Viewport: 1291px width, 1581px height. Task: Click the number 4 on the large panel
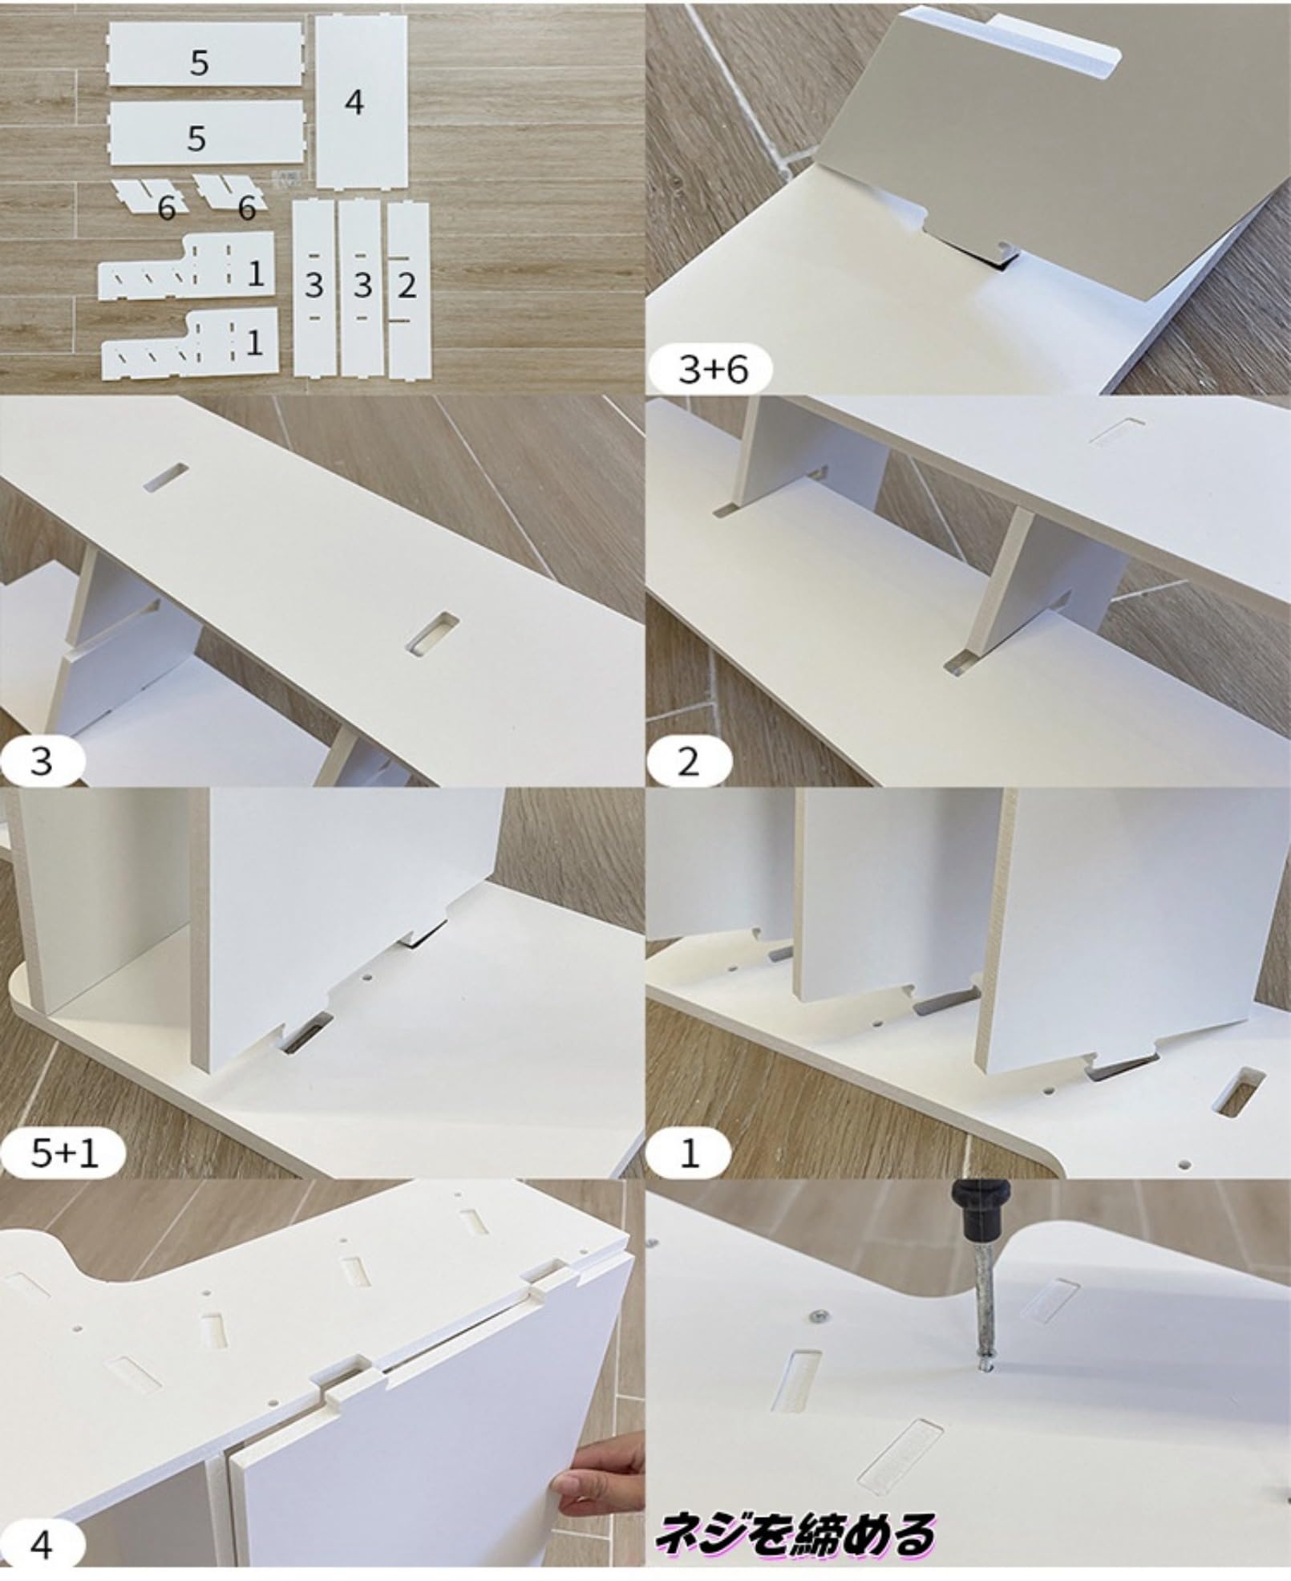tap(354, 103)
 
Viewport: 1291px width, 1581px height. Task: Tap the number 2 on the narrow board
tap(407, 286)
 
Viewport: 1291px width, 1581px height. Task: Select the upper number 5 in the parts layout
tap(200, 63)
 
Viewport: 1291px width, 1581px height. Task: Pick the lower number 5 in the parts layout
tap(197, 139)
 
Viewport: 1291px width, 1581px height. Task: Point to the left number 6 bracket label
tap(167, 209)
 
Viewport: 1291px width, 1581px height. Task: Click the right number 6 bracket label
tap(247, 209)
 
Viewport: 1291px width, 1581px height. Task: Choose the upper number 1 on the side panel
tap(256, 274)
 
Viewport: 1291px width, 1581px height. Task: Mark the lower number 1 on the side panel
tap(254, 343)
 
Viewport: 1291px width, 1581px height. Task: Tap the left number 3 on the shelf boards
tap(314, 286)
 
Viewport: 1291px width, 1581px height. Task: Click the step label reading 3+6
tap(713, 370)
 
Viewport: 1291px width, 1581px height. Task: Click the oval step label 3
tap(41, 760)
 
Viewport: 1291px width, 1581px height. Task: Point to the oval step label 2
tap(689, 761)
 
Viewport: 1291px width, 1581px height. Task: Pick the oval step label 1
tap(690, 1153)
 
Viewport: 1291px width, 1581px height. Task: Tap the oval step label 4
tap(41, 1544)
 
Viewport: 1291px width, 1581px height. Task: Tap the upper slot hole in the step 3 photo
tap(168, 476)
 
